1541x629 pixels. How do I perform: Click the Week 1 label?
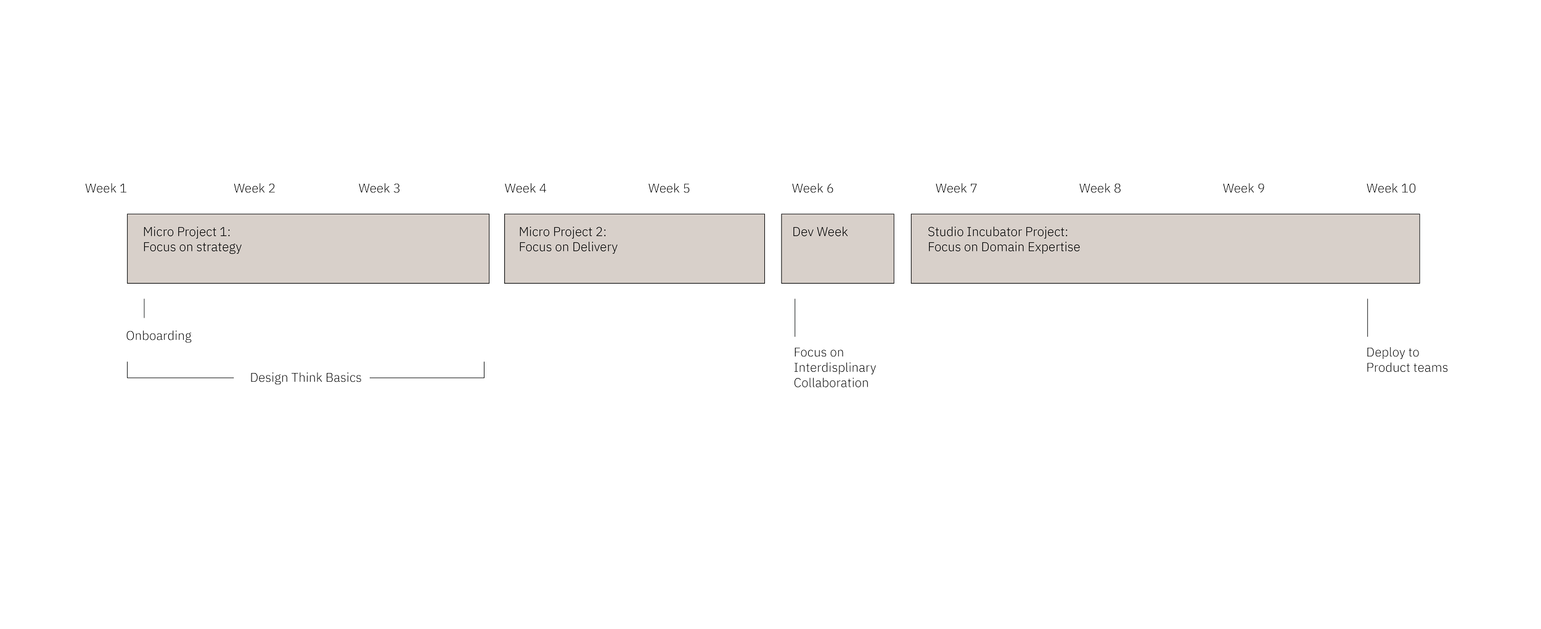(105, 189)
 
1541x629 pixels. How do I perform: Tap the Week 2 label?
(254, 189)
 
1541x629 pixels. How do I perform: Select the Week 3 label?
(379, 189)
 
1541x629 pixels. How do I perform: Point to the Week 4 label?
(525, 189)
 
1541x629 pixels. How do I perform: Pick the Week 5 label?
(669, 189)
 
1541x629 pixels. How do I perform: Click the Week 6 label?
(812, 189)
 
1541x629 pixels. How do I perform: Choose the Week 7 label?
(956, 189)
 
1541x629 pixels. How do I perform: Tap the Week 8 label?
(1100, 189)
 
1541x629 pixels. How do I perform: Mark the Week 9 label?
(1243, 189)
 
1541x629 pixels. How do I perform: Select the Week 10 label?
(1391, 189)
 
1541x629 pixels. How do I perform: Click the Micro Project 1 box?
(308, 249)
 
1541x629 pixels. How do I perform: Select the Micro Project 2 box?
(634, 249)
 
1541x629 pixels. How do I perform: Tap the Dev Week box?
(837, 249)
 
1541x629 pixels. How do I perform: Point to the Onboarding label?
(159, 336)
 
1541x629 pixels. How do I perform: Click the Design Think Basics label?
(306, 377)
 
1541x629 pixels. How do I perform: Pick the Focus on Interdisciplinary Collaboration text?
(835, 368)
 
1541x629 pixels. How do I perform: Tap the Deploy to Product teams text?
(1407, 360)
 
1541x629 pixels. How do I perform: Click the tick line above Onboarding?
(144, 308)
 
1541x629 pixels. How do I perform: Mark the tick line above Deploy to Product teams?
(1368, 317)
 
